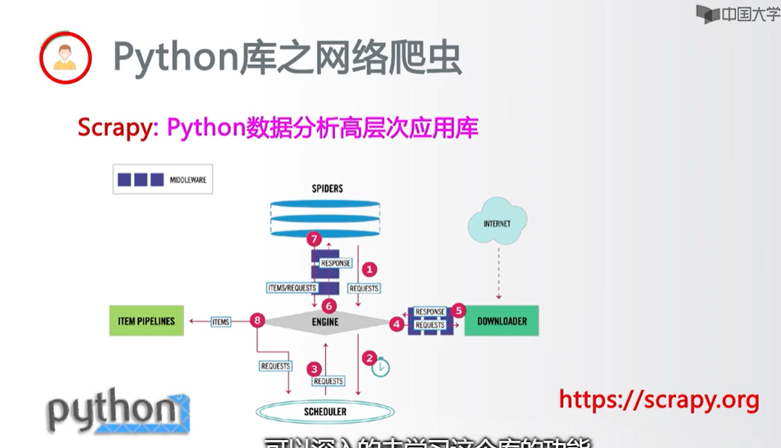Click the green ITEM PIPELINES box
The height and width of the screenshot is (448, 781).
click(x=146, y=321)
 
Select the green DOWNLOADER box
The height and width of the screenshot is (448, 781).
click(x=502, y=321)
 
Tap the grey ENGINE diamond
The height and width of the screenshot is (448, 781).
click(x=325, y=321)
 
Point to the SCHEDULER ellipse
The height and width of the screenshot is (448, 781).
click(x=325, y=412)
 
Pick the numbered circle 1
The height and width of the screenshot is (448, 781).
click(x=369, y=269)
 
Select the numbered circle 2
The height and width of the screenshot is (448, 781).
click(x=370, y=358)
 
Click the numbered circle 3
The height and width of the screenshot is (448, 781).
click(x=313, y=368)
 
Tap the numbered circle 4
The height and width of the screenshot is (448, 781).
click(x=396, y=325)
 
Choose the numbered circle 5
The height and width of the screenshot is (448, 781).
click(x=457, y=310)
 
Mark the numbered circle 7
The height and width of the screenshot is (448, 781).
click(x=313, y=238)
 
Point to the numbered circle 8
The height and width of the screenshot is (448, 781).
click(x=256, y=321)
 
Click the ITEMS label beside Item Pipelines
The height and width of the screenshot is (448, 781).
click(x=221, y=321)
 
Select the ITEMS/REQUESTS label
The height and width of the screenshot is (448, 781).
click(x=292, y=288)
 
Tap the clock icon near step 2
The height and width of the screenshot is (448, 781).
click(x=381, y=368)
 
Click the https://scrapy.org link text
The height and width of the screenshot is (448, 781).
click(x=659, y=400)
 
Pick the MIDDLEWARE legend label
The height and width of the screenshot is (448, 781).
click(x=188, y=179)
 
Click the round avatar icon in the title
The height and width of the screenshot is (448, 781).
click(x=65, y=57)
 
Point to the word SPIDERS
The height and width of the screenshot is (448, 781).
click(x=327, y=188)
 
